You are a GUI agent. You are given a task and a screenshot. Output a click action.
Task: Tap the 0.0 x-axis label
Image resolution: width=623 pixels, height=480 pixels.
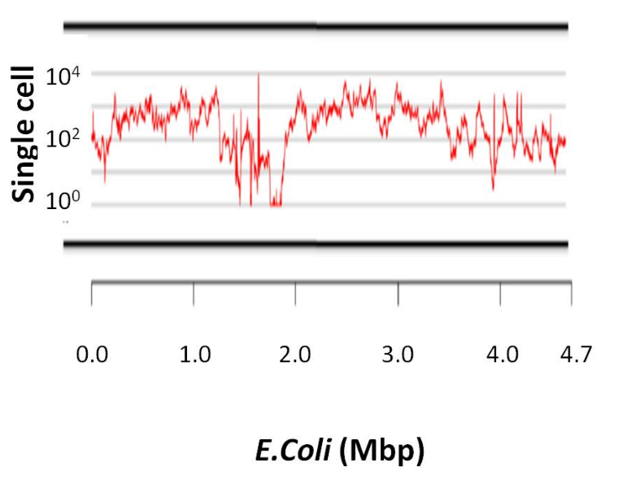(92, 356)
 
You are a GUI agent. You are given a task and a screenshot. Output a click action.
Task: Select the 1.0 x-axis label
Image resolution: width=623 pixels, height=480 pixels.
(194, 356)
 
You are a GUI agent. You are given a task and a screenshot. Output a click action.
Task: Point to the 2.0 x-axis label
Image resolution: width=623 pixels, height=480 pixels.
(296, 356)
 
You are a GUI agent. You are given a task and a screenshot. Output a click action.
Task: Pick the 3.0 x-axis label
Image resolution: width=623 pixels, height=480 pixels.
(399, 356)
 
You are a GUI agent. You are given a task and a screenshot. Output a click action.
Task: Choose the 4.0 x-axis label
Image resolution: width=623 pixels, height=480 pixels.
(501, 356)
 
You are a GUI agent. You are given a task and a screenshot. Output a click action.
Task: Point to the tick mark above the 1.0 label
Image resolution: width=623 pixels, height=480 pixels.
(194, 293)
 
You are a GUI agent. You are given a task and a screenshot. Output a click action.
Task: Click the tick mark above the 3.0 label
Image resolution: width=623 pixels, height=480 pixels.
(399, 293)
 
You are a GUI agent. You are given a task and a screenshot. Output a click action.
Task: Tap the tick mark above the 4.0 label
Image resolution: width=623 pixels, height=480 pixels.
(500, 293)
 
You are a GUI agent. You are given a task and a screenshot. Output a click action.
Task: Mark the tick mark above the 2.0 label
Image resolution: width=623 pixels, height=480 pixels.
(296, 293)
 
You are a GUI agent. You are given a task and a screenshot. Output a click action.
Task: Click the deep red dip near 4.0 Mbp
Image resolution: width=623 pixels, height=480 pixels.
(494, 187)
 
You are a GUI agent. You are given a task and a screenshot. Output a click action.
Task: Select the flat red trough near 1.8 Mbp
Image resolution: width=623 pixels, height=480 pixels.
(277, 204)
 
